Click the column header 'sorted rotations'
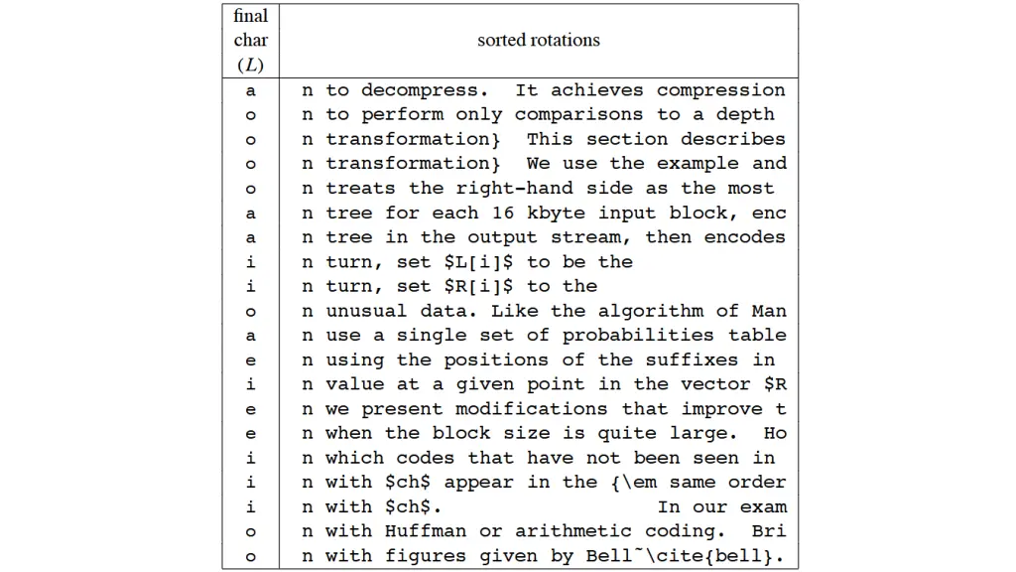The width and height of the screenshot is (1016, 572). [539, 41]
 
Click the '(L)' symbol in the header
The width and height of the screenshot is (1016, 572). [250, 66]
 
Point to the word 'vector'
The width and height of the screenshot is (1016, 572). [715, 384]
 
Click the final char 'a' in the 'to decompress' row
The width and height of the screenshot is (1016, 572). [250, 90]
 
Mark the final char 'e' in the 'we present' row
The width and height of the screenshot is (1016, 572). [250, 409]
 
